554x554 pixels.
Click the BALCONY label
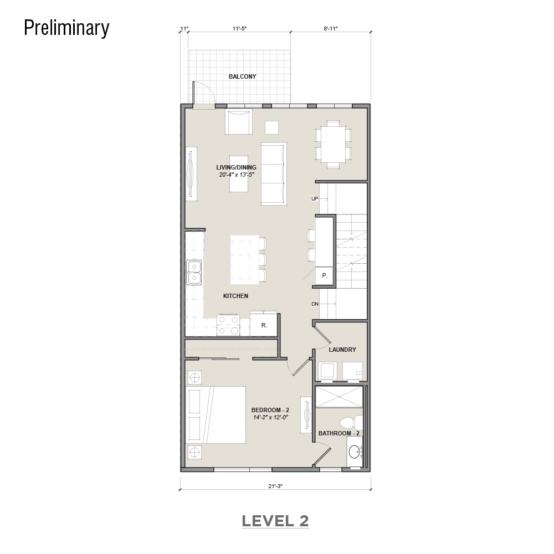coord(242,76)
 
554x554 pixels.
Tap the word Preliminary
coord(66,28)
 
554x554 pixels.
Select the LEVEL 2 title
coord(275,521)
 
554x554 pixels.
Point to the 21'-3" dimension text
coord(275,486)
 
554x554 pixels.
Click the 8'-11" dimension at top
coord(331,29)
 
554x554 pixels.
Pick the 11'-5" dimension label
coord(239,29)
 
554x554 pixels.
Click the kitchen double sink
coord(194,273)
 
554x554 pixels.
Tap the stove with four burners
coord(228,325)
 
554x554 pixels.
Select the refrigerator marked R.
coord(264,324)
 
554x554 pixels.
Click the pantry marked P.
coord(324,275)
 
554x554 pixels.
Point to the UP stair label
coord(315,199)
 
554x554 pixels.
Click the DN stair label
coord(315,304)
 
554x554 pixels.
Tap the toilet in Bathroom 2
coord(351,423)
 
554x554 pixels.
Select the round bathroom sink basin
coord(354,452)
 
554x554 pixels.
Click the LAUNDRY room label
coord(342,350)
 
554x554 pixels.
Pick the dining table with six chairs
coord(333,144)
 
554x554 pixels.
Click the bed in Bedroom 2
coord(216,415)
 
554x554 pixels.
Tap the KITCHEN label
coord(235,296)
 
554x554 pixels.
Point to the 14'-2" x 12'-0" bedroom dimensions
coord(271,417)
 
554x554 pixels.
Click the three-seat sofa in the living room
coord(274,174)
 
